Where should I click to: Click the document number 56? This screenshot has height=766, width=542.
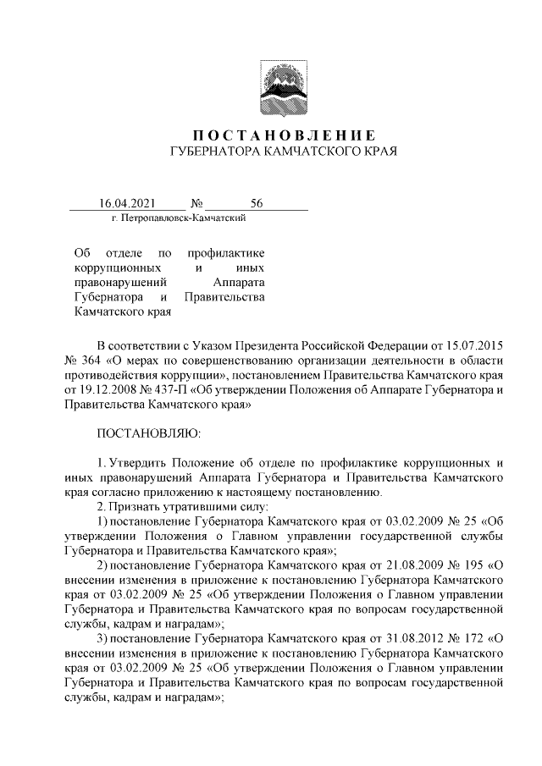257,204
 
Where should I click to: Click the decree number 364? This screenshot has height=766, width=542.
91,361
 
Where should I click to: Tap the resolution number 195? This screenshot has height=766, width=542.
477,565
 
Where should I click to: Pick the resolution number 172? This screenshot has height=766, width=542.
477,639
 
